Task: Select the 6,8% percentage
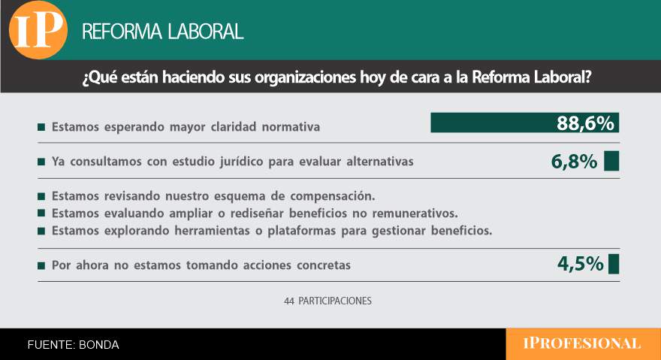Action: [572, 162]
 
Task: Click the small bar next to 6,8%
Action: [611, 162]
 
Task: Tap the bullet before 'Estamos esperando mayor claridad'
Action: [41, 127]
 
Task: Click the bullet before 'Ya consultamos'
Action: [41, 162]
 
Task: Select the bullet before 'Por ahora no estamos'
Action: [41, 265]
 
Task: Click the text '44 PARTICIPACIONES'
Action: [327, 301]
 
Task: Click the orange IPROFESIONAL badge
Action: [582, 344]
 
